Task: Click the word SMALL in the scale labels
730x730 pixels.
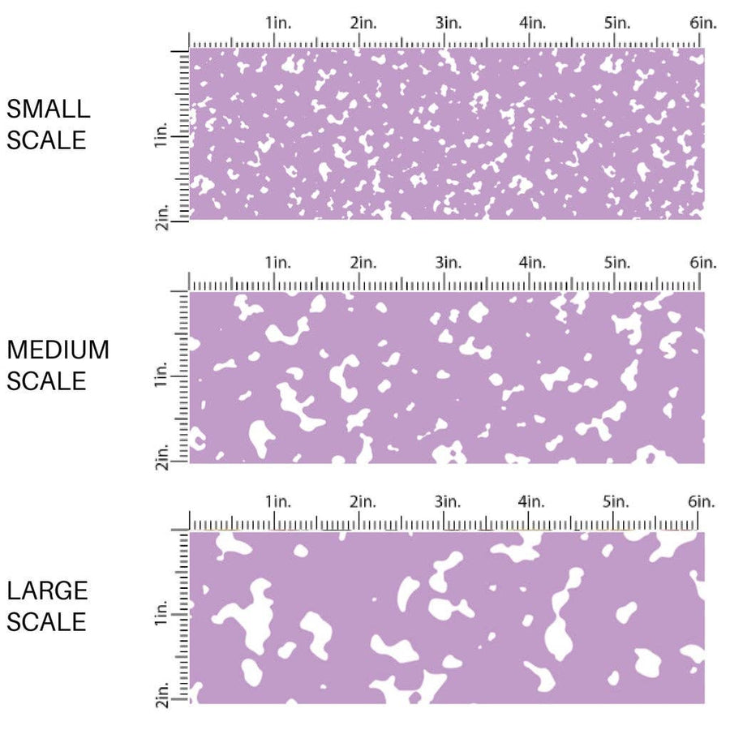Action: point(48,109)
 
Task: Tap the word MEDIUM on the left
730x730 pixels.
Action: point(58,350)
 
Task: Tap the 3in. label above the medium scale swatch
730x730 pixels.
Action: point(448,263)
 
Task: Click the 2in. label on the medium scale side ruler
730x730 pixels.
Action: point(161,456)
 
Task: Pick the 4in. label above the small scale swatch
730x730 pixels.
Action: point(533,23)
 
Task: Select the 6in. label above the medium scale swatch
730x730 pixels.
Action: point(703,263)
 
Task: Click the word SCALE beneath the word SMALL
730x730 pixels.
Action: point(47,140)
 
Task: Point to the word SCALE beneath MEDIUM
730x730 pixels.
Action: point(47,380)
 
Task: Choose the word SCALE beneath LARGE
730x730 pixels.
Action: point(47,621)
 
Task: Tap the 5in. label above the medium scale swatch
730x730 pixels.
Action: point(617,263)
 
